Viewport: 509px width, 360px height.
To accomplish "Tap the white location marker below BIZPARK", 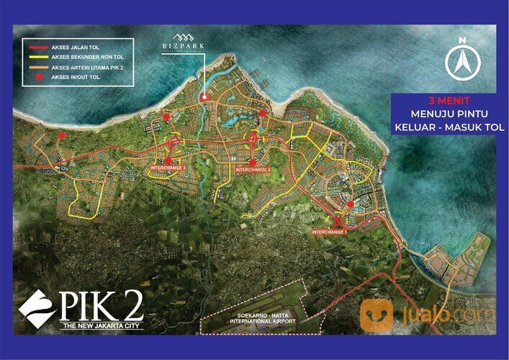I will (x=204, y=97).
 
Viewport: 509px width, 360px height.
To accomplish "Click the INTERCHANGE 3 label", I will (x=168, y=168).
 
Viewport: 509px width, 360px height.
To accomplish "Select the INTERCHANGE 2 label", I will (x=253, y=169).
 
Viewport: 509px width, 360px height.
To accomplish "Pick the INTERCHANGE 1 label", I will (x=330, y=232).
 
